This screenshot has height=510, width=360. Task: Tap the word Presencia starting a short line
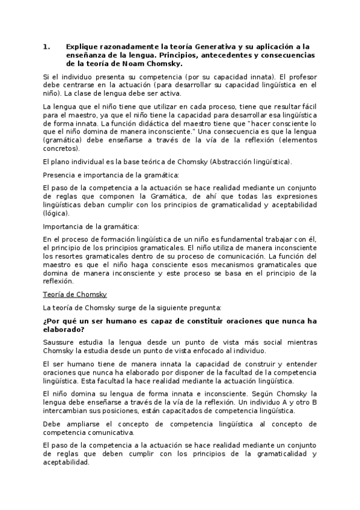click(x=60, y=175)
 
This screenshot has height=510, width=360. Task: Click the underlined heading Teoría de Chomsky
click(x=75, y=294)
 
